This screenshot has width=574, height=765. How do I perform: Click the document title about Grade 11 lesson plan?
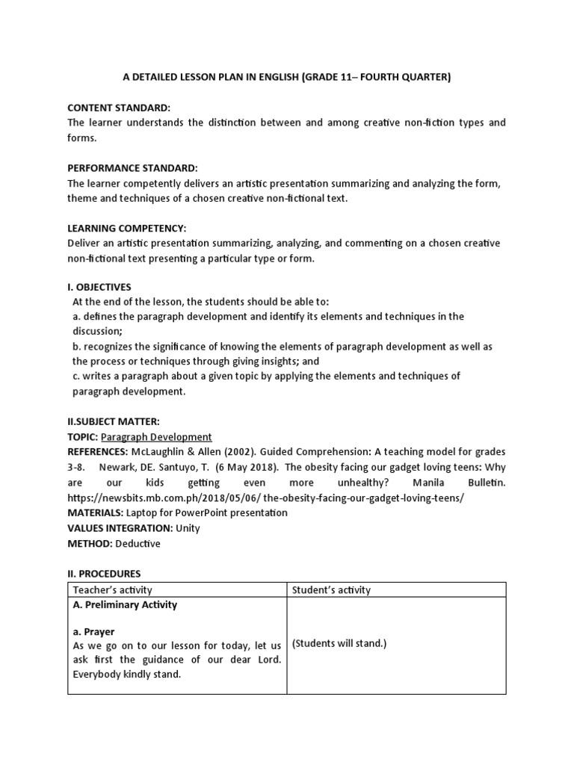[286, 77]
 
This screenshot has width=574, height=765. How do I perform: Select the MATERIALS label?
[95, 512]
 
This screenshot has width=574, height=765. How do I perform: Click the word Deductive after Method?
[138, 543]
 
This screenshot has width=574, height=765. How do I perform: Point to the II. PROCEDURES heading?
[104, 574]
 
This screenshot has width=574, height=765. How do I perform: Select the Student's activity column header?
[331, 590]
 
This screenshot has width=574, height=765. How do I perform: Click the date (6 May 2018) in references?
[233, 467]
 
